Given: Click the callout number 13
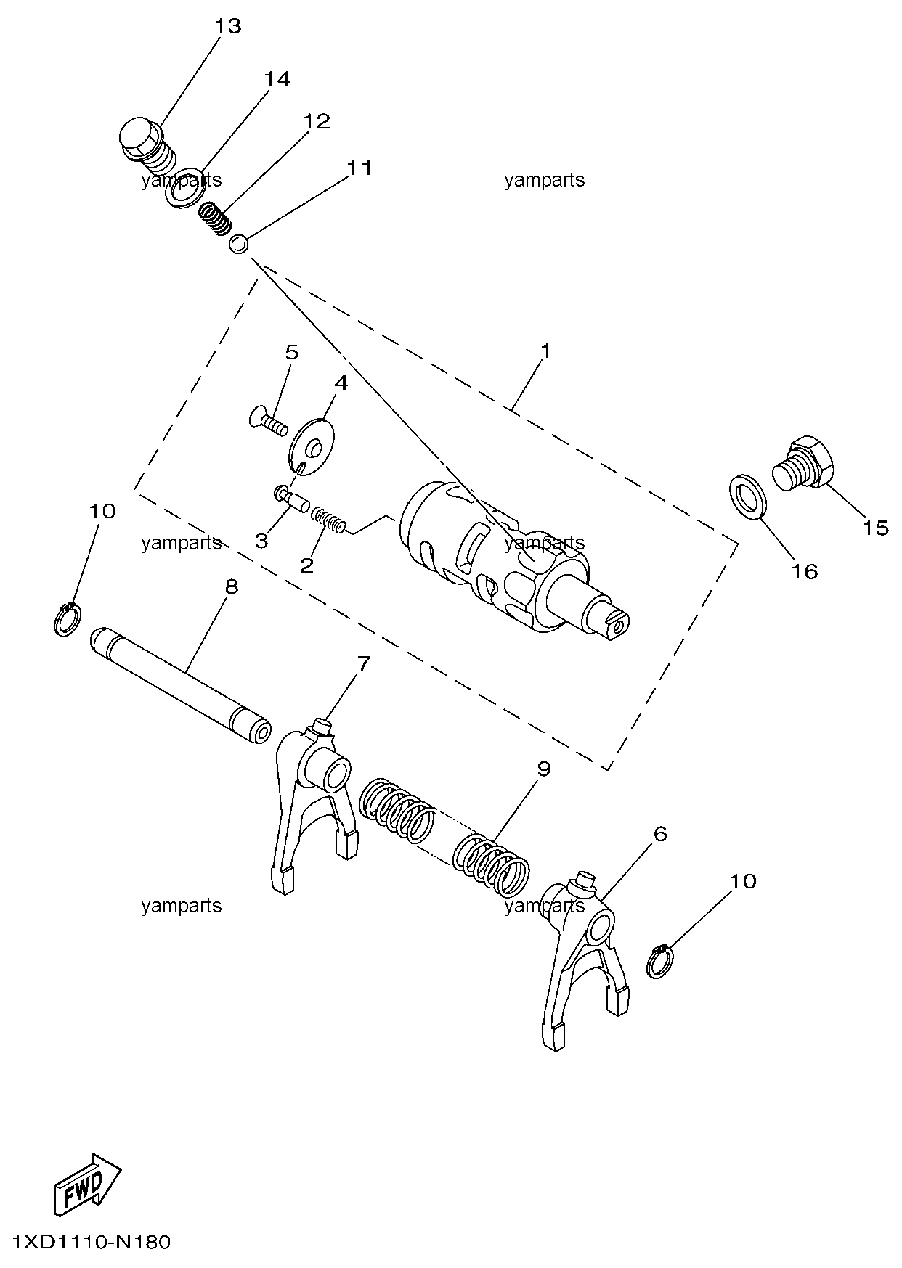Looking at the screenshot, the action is click(227, 26).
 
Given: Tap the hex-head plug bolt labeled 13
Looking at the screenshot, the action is click(148, 144).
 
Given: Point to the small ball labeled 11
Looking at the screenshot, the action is click(238, 245).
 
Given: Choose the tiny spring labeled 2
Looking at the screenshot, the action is click(328, 520).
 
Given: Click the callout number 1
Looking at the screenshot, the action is click(545, 351).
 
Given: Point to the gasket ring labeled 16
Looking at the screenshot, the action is click(746, 496).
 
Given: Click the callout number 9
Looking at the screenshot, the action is click(544, 769).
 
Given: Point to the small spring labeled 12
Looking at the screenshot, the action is click(216, 219).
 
